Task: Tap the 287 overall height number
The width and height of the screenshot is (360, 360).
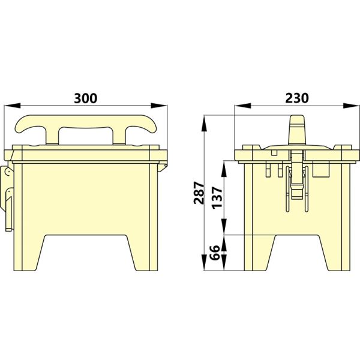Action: point(199,192)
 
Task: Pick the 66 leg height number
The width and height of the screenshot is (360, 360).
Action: point(217,253)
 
